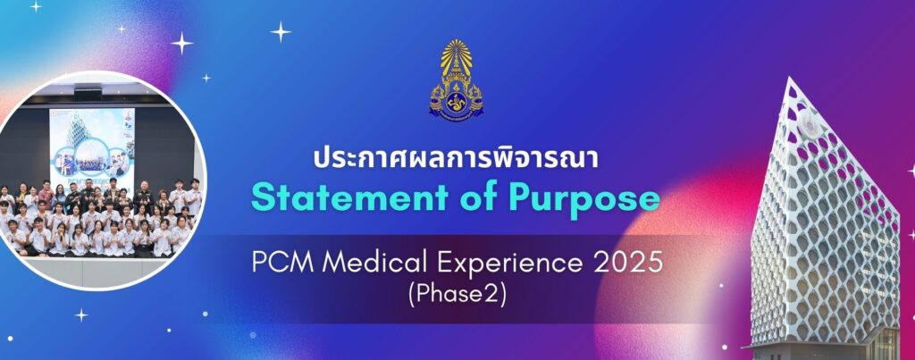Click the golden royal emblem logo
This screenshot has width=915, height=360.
[x=457, y=79]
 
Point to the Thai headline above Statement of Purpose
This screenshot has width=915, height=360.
[x=457, y=159]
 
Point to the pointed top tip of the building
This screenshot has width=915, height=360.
[x=790, y=77]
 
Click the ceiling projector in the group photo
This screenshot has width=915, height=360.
[x=88, y=92]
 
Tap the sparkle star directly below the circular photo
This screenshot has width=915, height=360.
[x=81, y=315]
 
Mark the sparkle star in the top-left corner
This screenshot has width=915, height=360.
[x=36, y=6]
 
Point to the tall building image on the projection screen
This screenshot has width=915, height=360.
[x=77, y=129]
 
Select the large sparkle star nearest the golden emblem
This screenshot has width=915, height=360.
[x=280, y=31]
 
